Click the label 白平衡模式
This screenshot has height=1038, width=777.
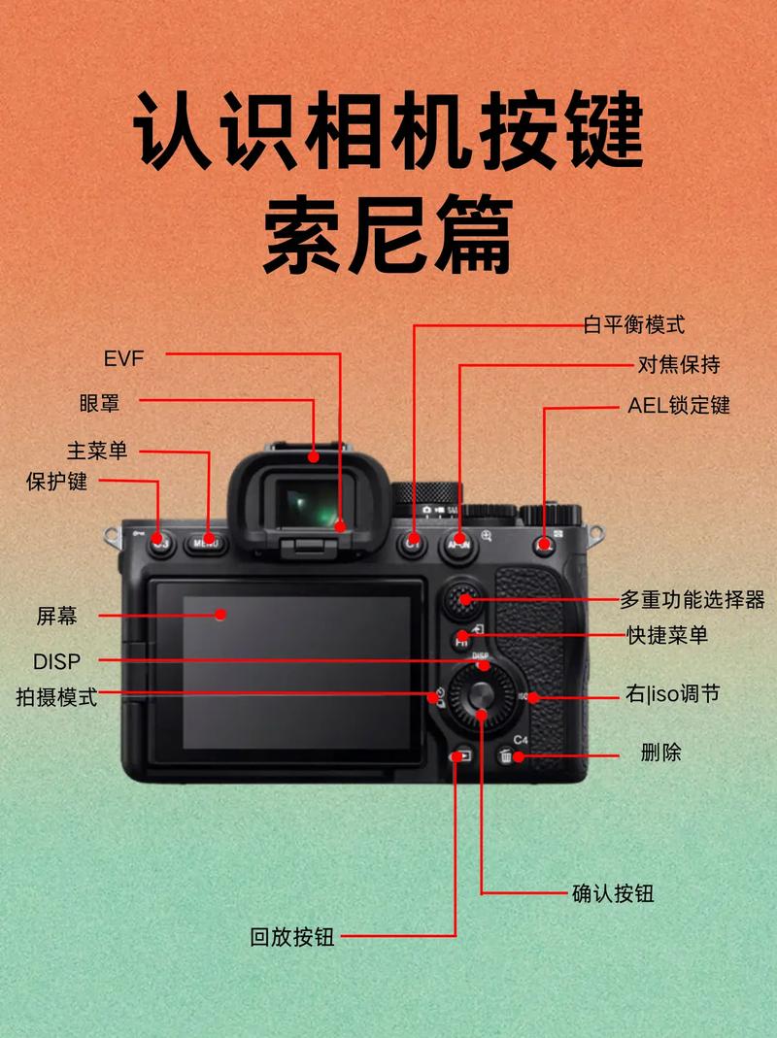[633, 324]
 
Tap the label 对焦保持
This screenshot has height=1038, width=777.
[679, 365]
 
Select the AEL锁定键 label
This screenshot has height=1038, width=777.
[678, 405]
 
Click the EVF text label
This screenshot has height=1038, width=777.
[123, 358]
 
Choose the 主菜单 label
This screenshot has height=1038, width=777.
[96, 451]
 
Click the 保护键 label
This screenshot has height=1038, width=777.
[56, 481]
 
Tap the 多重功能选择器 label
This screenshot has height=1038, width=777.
[698, 599]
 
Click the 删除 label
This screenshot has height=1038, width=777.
[660, 752]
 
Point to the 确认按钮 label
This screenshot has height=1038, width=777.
[613, 892]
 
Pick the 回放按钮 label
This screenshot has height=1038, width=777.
[291, 937]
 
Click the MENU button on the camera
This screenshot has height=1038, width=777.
[206, 544]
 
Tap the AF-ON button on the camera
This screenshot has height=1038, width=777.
[458, 545]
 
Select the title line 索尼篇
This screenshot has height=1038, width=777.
[388, 236]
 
